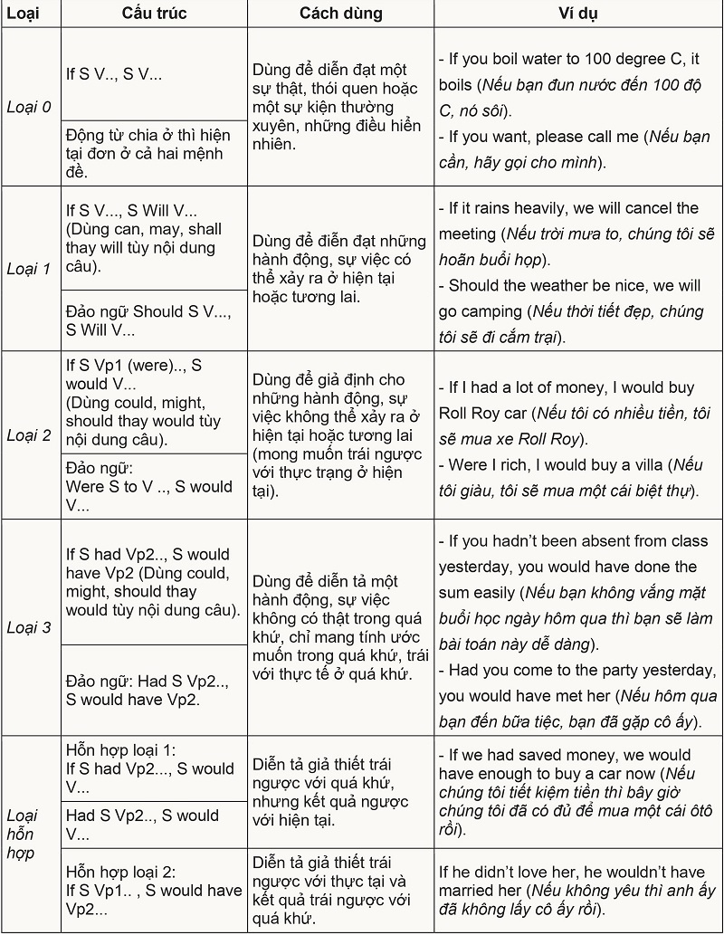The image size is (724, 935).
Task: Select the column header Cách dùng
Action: click(341, 14)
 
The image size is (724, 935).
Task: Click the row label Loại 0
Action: click(29, 107)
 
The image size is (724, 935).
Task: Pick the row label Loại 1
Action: click(29, 269)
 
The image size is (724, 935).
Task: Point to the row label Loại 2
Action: click(29, 434)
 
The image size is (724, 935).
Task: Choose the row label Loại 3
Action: click(29, 626)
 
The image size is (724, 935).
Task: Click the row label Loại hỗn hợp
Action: click(29, 834)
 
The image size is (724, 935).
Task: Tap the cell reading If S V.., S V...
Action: click(115, 74)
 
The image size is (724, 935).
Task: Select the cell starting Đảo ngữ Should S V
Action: click(149, 320)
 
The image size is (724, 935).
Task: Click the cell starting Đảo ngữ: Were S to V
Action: click(149, 486)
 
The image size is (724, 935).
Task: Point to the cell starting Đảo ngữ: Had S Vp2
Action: click(149, 690)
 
